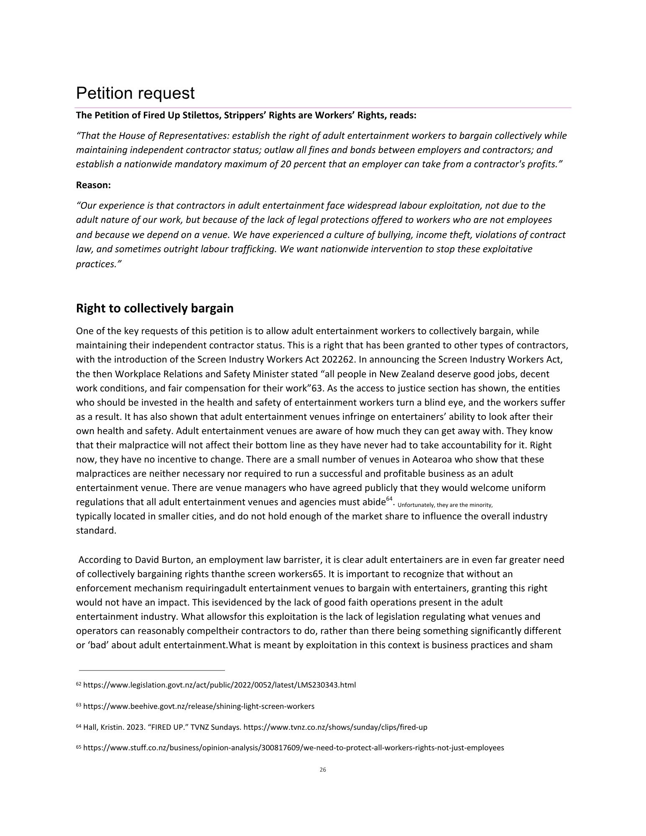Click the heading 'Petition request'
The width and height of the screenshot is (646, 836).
pos(135,93)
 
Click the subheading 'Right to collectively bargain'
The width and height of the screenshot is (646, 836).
pos(155,309)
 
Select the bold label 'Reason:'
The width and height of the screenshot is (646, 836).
pos(93,185)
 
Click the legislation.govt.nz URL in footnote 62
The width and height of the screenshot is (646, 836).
pos(220,685)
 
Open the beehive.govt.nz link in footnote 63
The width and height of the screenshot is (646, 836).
pos(199,706)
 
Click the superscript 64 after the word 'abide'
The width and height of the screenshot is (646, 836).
pos(389,499)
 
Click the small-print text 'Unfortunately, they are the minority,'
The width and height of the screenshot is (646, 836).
pos(445,505)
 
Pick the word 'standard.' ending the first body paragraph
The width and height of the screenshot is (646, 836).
pos(96,531)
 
